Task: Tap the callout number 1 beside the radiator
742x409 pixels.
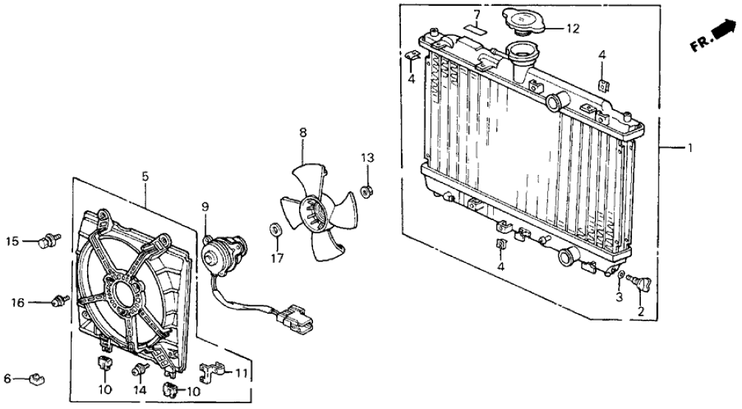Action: pyautogui.click(x=690, y=148)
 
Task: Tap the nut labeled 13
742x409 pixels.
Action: pyautogui.click(x=365, y=192)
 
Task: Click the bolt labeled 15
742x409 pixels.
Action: pyautogui.click(x=49, y=239)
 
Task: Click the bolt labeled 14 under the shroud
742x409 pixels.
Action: pyautogui.click(x=138, y=368)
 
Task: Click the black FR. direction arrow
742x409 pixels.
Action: pyautogui.click(x=719, y=32)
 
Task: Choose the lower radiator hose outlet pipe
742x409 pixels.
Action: pyautogui.click(x=569, y=257)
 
